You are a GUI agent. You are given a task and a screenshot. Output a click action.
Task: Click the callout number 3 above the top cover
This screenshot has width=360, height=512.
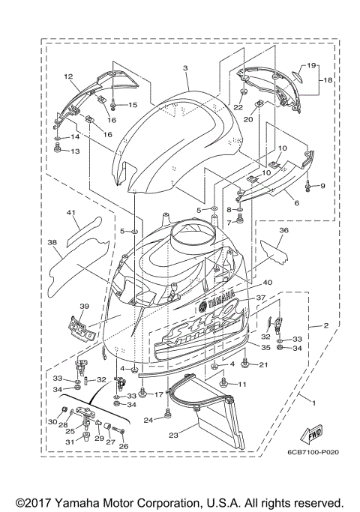pyautogui.click(x=184, y=68)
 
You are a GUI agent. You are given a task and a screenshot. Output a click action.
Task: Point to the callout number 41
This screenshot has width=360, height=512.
pyautogui.click(x=71, y=213)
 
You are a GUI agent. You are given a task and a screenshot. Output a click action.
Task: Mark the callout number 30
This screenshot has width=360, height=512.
pyautogui.click(x=52, y=422)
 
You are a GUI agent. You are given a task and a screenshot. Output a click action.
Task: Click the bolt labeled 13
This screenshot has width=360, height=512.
pyautogui.click(x=58, y=151)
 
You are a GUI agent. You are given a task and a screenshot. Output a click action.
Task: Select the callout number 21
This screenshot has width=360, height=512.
pyautogui.click(x=262, y=364)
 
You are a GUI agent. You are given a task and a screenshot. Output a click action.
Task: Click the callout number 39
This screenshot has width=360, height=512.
pyautogui.click(x=85, y=307)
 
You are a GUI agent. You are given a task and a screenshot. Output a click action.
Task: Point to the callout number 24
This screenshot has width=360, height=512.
pyautogui.click(x=148, y=420)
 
